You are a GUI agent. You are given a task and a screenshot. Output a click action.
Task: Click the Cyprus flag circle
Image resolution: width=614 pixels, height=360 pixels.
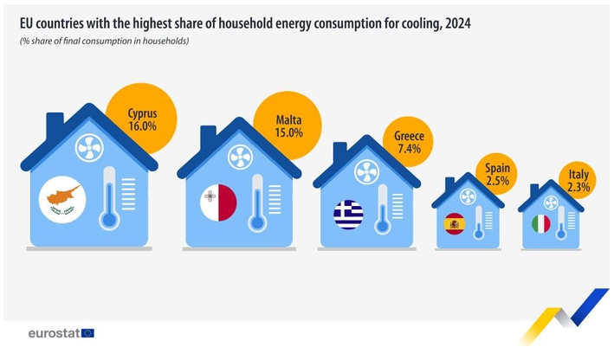tap(62, 200)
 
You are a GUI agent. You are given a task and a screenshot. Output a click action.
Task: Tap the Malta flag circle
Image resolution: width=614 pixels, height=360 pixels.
tap(218, 202)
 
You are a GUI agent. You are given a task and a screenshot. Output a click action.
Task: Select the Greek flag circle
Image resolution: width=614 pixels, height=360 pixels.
tap(348, 215)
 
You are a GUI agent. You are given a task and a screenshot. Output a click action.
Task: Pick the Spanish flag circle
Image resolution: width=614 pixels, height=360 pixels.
tap(455, 224)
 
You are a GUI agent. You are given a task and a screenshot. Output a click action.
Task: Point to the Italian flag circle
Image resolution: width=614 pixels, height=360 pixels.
tap(541, 224)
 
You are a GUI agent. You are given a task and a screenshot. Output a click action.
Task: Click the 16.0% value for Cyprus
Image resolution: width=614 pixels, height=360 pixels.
tap(143, 126)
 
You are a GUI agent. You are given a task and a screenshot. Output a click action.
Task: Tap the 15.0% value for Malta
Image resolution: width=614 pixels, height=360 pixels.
tap(288, 133)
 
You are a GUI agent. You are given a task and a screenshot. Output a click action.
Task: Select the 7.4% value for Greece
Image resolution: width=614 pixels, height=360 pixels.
tap(410, 149)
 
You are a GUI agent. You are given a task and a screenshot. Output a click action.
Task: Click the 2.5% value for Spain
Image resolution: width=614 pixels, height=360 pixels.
tap(498, 181)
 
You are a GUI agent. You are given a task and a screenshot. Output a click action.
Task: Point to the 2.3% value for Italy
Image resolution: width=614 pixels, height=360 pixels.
tap(578, 187)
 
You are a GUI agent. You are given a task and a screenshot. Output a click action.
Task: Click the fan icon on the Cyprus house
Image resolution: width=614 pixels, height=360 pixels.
tap(89, 148)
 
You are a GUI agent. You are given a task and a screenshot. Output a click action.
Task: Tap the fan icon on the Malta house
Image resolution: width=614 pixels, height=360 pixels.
tap(241, 157)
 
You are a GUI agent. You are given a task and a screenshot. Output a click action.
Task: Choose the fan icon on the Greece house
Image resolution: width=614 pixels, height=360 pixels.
tap(367, 172)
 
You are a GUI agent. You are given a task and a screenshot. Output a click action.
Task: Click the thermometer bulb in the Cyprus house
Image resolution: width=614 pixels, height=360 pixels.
tap(109, 220)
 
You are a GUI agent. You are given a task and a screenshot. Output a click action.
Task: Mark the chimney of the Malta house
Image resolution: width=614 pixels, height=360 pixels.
tap(208, 135)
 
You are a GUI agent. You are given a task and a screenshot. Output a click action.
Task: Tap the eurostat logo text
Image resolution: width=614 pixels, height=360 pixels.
tap(54, 333)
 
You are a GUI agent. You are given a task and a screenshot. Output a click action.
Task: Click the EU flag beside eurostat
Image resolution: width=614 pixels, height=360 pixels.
tap(87, 333)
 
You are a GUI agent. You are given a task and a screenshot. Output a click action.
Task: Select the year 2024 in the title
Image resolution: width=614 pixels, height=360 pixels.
tap(458, 24)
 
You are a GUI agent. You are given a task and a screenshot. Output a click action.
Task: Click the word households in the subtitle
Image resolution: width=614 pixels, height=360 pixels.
tap(165, 41)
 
